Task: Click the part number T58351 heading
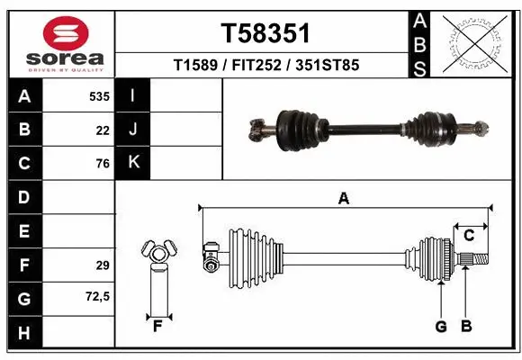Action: pos(265,32)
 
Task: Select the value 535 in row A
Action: pos(97,96)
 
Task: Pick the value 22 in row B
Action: pos(102,130)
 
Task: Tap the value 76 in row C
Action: pos(102,164)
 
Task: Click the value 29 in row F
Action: pos(102,265)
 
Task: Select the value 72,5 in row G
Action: pos(97,296)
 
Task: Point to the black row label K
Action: pos(132,163)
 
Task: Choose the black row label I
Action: pos(132,96)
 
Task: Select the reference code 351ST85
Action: pos(328,65)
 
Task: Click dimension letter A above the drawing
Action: pos(343,199)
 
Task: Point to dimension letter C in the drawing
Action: pos(468,235)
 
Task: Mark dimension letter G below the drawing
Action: pos(441,327)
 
